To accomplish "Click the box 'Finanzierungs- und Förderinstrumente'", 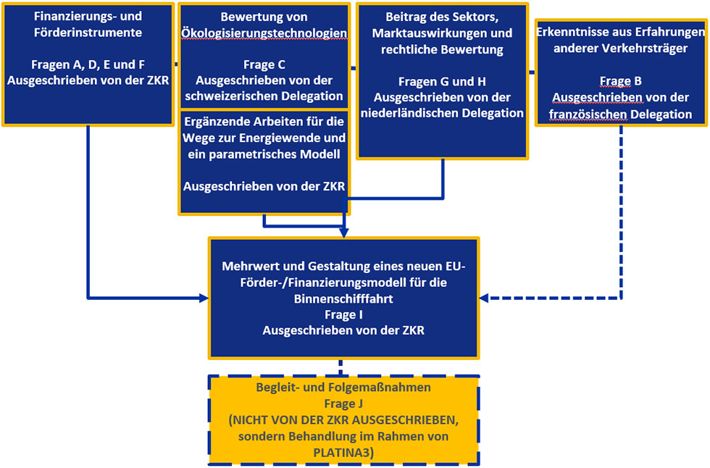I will (88, 64).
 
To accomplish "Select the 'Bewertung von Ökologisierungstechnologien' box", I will (264, 55).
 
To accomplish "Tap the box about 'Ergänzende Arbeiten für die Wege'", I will (264, 162).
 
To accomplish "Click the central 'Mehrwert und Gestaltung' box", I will (344, 298).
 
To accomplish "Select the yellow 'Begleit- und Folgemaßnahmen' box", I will (343, 419).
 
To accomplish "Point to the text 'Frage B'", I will (620, 81).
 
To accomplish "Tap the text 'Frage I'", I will (344, 314).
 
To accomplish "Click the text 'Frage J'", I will (343, 404).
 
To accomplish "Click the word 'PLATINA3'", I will (343, 452).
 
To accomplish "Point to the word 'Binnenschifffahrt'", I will (344, 298).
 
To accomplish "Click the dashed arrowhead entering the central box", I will (486, 298).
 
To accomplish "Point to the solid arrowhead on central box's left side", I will (203, 298).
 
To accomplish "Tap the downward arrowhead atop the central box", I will (344, 232).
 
